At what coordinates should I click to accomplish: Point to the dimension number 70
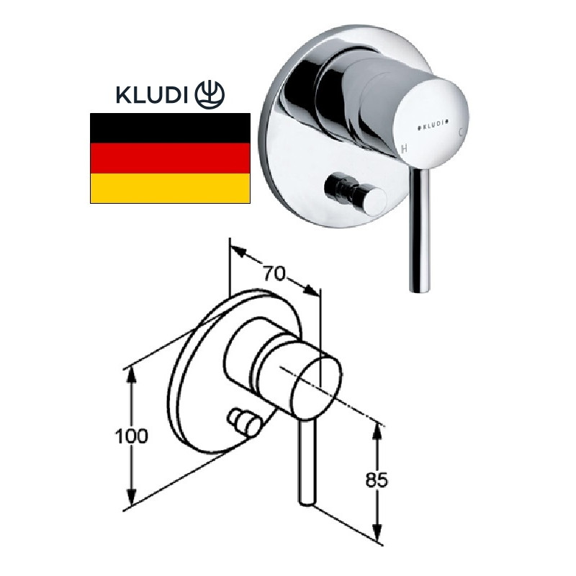point(275,274)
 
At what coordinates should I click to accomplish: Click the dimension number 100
point(131,436)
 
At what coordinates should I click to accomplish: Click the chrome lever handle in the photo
point(417,230)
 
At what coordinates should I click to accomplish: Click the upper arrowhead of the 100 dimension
point(131,372)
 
